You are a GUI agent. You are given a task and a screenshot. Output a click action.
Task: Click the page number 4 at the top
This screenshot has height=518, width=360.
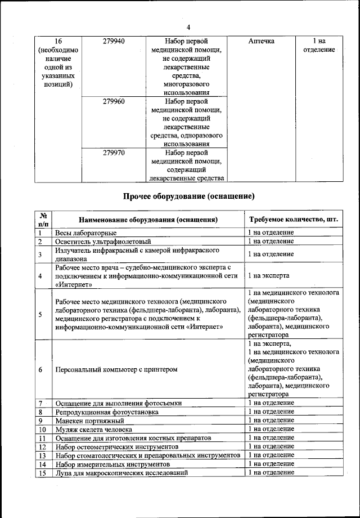[188, 28]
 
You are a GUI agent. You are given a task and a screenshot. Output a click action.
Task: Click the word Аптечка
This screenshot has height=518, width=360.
[261, 42]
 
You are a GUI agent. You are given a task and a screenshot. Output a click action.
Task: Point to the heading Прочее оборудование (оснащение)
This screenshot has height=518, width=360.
[189, 197]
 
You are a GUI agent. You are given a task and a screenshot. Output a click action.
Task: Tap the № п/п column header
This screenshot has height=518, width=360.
[42, 220]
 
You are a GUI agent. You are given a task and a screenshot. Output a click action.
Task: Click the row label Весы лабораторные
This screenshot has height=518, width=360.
[85, 233]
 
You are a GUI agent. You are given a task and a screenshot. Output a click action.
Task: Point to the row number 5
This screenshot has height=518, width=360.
[40, 314]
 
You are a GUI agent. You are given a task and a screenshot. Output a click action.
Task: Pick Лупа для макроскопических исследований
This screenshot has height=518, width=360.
[120, 472]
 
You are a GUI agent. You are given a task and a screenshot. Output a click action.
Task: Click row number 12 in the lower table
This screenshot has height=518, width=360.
[42, 446]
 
